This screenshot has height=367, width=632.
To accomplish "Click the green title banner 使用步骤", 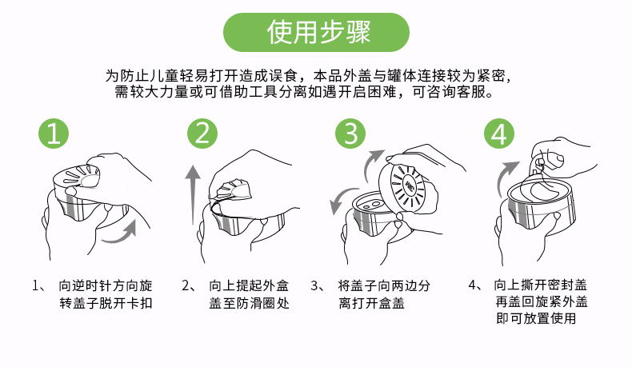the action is (x=317, y=32).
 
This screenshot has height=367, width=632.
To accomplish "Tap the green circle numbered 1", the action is (x=54, y=134).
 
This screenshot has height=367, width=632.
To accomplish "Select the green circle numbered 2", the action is (x=202, y=134).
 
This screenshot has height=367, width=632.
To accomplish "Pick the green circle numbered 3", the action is (x=350, y=134).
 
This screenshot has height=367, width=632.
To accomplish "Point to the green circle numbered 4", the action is (x=499, y=134).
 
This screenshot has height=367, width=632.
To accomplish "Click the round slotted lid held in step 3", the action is (x=407, y=187).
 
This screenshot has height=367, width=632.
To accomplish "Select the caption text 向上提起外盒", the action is (x=249, y=285).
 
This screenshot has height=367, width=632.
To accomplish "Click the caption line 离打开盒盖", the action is (x=372, y=303).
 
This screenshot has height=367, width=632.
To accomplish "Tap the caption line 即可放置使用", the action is (x=536, y=318).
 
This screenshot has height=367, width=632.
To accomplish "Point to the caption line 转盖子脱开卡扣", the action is (x=106, y=303).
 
